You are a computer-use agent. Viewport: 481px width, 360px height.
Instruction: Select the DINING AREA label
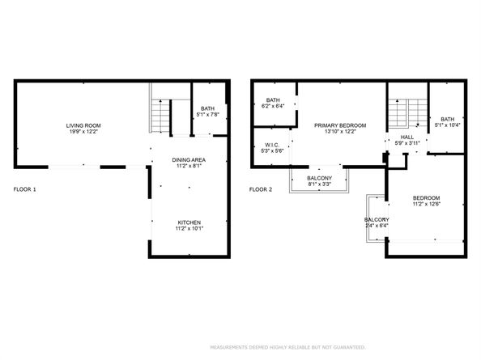click(189, 159)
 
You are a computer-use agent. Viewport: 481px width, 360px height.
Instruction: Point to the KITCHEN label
click(189, 222)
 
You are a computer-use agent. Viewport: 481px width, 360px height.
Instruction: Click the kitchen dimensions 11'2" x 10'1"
click(189, 228)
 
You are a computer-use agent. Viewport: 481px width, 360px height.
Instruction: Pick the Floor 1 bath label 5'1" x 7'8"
click(208, 115)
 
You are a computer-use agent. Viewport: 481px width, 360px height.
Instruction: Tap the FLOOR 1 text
click(25, 189)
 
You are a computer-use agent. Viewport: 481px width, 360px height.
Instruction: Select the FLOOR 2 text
click(260, 189)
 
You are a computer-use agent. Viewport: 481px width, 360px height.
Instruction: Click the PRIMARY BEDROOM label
click(340, 125)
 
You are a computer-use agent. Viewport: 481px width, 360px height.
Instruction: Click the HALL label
click(407, 138)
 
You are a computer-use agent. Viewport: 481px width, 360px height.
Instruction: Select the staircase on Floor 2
click(406, 113)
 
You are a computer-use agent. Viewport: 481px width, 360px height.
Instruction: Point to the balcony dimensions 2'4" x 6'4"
click(377, 227)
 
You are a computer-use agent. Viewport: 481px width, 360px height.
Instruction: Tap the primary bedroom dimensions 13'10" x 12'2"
click(340, 132)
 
